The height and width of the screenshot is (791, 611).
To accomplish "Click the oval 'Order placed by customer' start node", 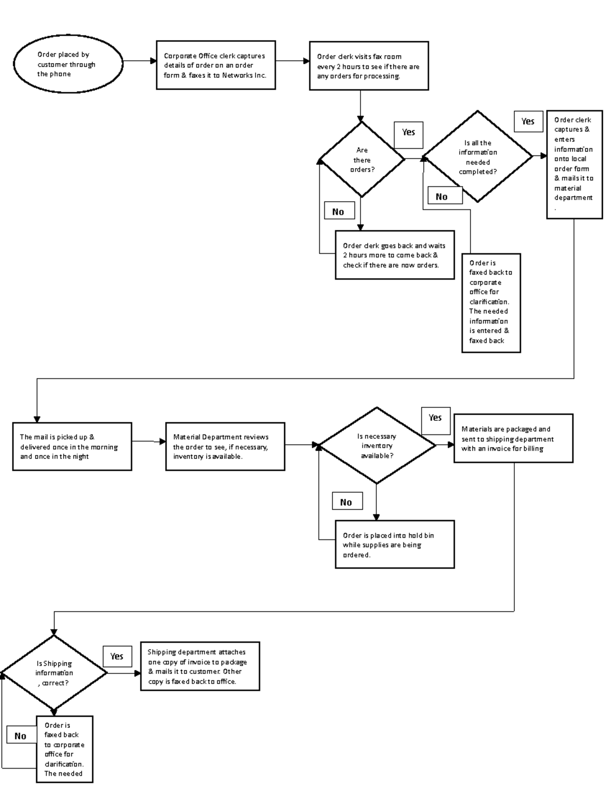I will (68, 64).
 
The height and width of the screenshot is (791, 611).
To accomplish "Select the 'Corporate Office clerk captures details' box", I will (216, 65).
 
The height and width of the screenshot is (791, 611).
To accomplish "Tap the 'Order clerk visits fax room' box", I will (369, 66).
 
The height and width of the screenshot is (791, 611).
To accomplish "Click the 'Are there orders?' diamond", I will (362, 159).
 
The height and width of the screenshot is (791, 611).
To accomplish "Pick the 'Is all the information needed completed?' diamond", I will (478, 157).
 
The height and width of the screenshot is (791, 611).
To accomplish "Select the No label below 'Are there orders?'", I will (339, 211).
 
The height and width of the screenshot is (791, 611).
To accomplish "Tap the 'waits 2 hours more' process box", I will (394, 255).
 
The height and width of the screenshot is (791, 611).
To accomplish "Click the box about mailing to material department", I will (574, 165).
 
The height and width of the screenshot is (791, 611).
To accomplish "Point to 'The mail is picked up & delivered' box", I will (72, 446).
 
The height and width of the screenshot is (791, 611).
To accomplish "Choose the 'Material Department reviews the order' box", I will (225, 446).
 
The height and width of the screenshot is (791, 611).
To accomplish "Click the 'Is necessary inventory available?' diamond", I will (377, 445).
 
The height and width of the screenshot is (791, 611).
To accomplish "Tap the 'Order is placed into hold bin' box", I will (394, 544).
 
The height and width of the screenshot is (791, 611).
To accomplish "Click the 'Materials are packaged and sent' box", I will (513, 439).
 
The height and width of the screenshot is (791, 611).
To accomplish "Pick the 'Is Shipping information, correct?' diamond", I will (54, 673).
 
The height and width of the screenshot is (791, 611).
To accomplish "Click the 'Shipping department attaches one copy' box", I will (200, 666).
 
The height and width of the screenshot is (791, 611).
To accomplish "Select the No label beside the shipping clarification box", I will (21, 735).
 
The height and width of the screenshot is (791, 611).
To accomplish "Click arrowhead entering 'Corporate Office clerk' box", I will (153, 61).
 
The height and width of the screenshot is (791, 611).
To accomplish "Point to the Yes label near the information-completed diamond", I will (528, 122).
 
